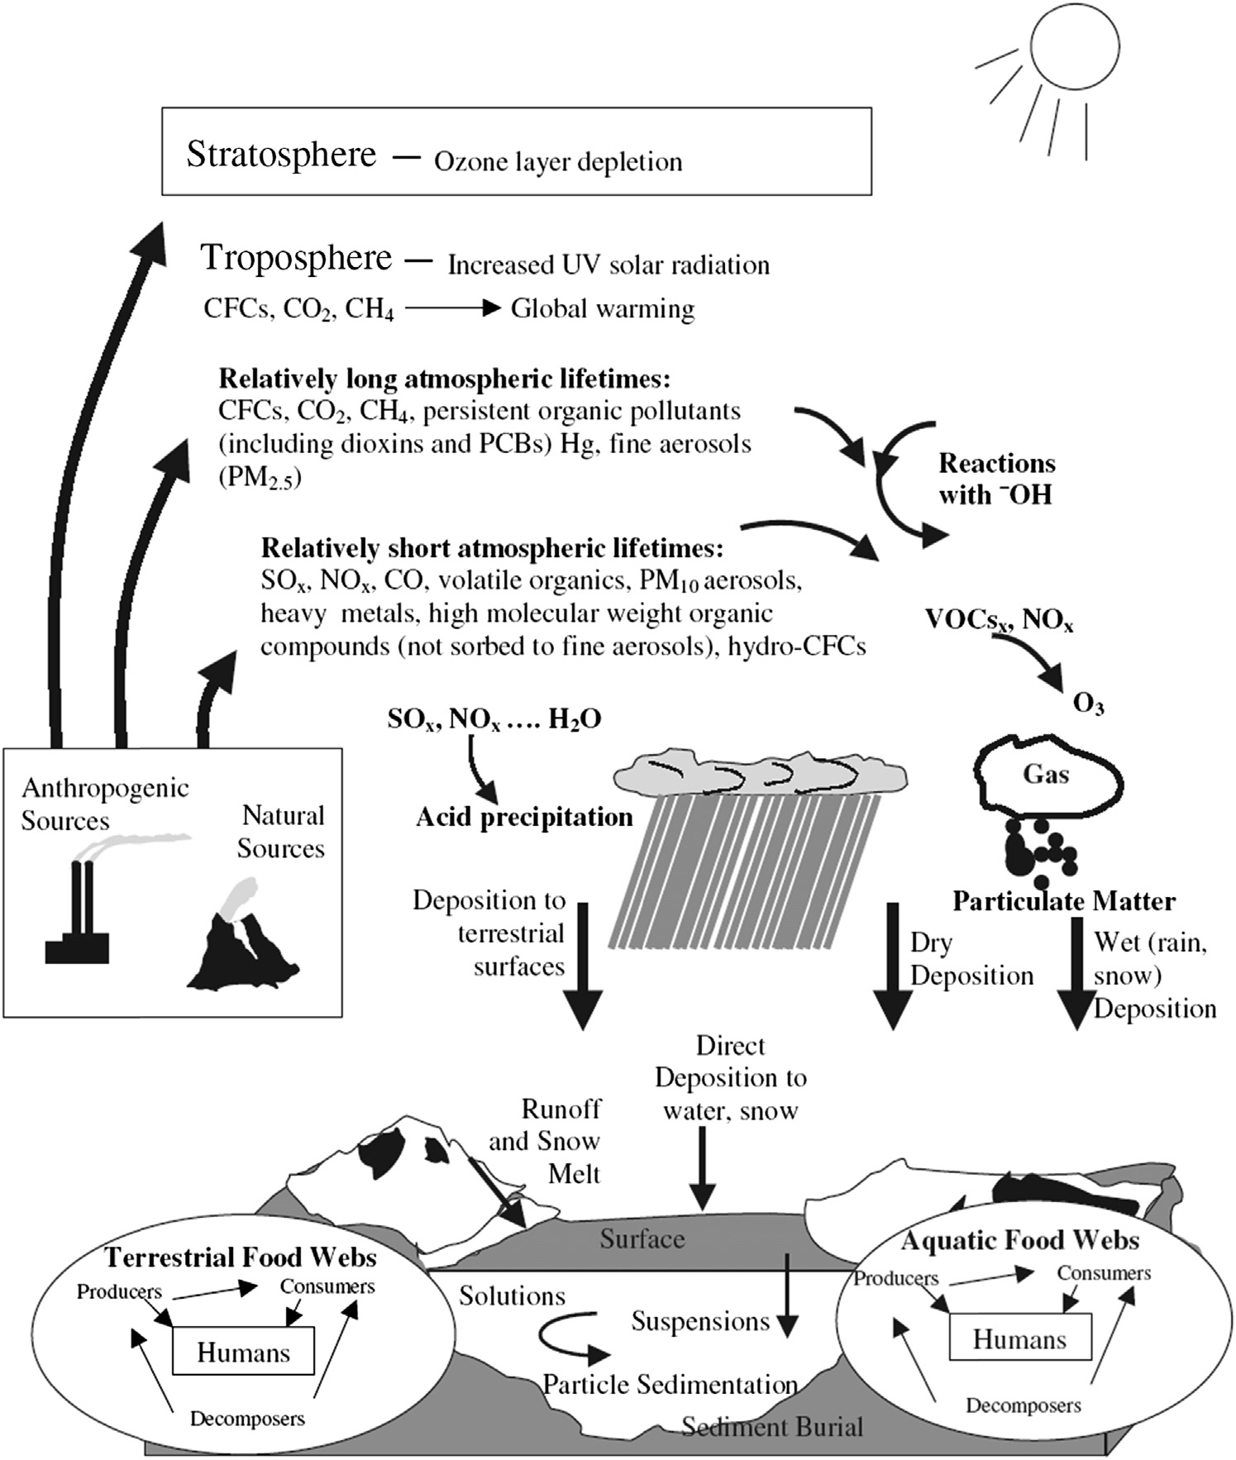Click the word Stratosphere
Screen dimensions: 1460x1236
[281, 155]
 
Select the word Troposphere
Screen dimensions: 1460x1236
[296, 258]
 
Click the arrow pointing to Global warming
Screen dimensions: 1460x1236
[453, 308]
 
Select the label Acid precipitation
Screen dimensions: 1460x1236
[524, 818]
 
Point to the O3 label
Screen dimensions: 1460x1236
[1088, 704]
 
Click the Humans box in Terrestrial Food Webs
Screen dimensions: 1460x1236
[243, 1353]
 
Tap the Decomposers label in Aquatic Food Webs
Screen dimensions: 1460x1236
[1024, 1405]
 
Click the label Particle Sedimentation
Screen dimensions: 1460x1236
[670, 1384]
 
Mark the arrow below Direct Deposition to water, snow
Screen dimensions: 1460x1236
[702, 1167]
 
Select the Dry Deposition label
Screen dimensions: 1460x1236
[971, 959]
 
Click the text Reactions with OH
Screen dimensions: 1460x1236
[996, 479]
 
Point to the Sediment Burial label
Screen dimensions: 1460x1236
[772, 1426]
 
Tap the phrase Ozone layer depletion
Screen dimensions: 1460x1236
[558, 162]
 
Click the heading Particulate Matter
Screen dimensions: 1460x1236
[1064, 901]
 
